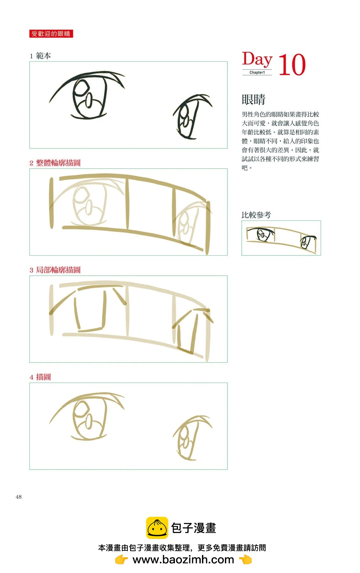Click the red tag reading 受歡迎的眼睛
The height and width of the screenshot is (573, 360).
tap(51, 34)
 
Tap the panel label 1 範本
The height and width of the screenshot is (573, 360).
tap(40, 56)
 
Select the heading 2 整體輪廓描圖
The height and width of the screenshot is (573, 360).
tap(55, 163)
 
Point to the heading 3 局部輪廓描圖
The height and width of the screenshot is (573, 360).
tap(55, 270)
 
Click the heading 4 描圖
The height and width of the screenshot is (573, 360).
tap(40, 377)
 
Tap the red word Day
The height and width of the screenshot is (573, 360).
tap(257, 60)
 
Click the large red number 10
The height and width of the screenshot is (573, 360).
tap(292, 65)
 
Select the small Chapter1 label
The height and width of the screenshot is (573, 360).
tap(257, 73)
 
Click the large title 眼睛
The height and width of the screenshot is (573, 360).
tap(253, 99)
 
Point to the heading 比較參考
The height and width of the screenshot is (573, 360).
tap(256, 215)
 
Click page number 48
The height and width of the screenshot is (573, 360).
tap(18, 497)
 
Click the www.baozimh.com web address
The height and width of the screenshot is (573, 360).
tap(183, 559)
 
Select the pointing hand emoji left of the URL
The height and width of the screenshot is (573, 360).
tap(121, 559)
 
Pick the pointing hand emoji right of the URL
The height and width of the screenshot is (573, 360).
tap(245, 559)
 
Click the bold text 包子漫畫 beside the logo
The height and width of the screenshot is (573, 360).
tap(194, 528)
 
